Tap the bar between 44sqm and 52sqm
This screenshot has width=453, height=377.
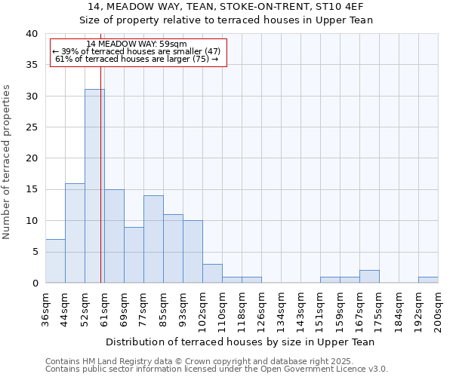pyautogui.click(x=75, y=233)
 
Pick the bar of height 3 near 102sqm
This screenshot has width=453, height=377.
pyautogui.click(x=212, y=274)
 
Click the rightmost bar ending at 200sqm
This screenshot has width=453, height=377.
pyautogui.click(x=428, y=280)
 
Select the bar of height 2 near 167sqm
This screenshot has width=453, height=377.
pyautogui.click(x=369, y=277)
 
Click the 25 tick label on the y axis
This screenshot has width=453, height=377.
pyautogui.click(x=32, y=127)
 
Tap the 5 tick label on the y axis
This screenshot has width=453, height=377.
pyautogui.click(x=35, y=252)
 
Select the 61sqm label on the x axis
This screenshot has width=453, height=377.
pyautogui.click(x=104, y=306)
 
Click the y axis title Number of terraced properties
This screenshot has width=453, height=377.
pyautogui.click(x=7, y=162)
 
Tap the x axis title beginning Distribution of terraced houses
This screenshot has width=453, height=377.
pyautogui.click(x=240, y=342)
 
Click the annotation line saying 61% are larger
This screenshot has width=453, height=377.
pyautogui.click(x=137, y=59)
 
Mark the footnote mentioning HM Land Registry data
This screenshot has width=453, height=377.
pyautogui.click(x=216, y=361)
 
